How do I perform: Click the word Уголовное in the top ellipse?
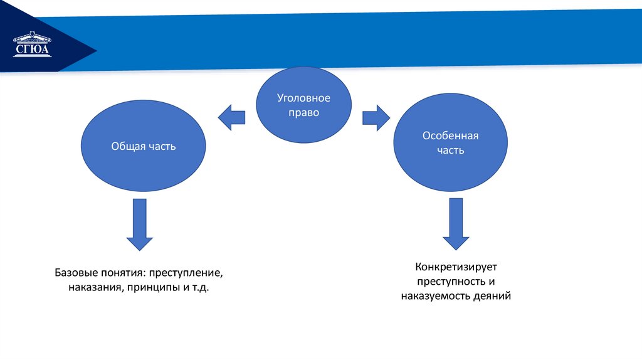(x=303, y=98)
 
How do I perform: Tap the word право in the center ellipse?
(x=303, y=113)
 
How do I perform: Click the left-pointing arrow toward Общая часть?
(x=231, y=117)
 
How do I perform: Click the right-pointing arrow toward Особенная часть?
(x=376, y=117)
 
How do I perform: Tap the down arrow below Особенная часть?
(x=456, y=223)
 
